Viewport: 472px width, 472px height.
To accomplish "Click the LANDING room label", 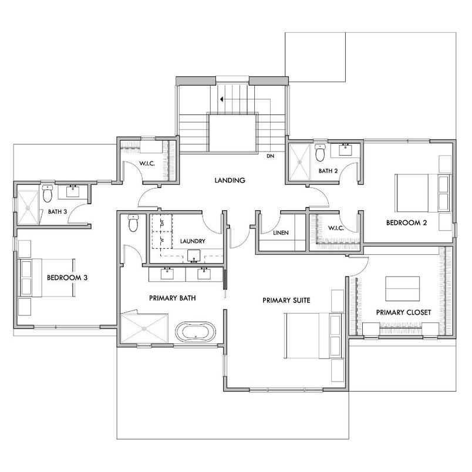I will [x=230, y=180].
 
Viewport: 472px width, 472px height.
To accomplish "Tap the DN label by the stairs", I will [x=270, y=156].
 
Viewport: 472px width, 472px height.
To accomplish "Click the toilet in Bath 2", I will [x=320, y=153].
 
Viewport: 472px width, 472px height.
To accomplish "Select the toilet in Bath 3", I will [x=48, y=193].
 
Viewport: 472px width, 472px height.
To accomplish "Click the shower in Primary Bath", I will [x=144, y=327].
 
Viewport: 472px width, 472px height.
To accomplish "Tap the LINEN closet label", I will [x=281, y=233].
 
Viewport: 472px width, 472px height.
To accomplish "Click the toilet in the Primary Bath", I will [x=133, y=222].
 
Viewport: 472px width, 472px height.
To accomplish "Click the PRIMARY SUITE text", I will [x=286, y=301].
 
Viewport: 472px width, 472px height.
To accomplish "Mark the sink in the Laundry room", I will [x=193, y=255].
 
